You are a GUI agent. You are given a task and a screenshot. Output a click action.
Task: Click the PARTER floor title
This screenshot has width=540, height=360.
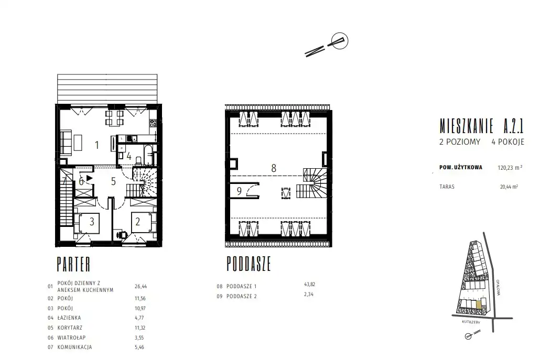(73, 264)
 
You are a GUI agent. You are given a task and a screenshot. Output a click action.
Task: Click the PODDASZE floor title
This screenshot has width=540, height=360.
(249, 264)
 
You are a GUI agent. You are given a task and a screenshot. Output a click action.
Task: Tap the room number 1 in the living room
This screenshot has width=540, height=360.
(97, 145)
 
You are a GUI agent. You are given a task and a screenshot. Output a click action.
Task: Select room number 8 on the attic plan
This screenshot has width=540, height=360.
(274, 168)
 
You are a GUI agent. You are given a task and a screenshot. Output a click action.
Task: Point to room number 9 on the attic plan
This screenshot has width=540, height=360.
(240, 191)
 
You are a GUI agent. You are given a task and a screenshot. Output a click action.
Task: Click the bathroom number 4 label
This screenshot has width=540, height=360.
(129, 156)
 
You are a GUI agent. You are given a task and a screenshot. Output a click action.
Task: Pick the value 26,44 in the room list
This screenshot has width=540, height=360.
(141, 286)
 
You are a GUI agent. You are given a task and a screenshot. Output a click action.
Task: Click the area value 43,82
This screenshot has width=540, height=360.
(310, 285)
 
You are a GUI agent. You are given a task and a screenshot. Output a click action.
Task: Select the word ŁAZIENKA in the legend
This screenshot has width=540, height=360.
(69, 318)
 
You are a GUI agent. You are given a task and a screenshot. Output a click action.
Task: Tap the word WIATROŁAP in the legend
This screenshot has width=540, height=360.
(72, 337)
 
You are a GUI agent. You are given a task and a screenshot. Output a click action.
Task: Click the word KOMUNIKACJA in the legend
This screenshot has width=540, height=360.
(75, 347)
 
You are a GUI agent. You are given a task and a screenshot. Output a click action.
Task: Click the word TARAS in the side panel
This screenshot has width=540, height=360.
(447, 187)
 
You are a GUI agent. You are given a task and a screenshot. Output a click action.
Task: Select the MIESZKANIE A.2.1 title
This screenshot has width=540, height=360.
(481, 126)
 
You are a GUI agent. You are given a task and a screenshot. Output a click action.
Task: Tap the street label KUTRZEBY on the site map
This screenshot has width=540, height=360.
(471, 322)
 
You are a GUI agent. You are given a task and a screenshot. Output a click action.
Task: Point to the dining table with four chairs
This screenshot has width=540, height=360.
(114, 117)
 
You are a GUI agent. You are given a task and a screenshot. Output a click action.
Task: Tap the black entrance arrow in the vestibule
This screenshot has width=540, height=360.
(90, 178)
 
